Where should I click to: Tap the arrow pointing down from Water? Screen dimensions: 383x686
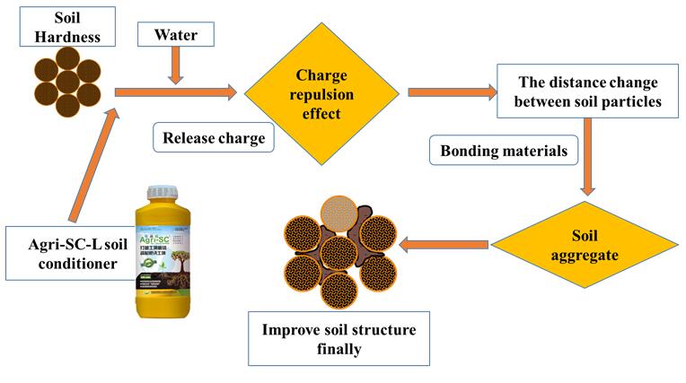tap(175, 68)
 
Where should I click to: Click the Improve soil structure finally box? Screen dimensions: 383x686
tap(339, 338)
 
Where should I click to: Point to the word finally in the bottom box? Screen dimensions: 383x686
tap(339, 349)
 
